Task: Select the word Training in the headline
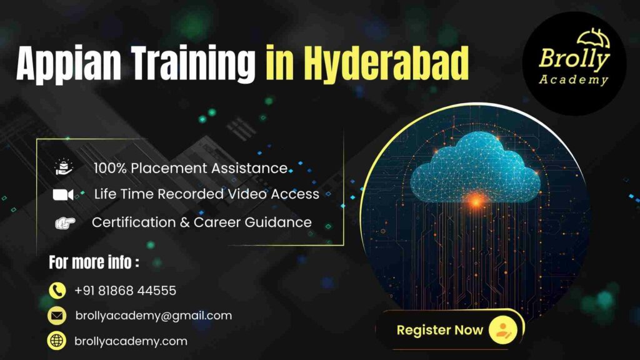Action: (x=201, y=64)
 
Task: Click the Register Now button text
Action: (x=439, y=330)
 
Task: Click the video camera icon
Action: (x=63, y=194)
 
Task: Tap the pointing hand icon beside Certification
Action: (x=64, y=222)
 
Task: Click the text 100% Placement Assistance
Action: (x=191, y=167)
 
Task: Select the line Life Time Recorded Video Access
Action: (x=206, y=194)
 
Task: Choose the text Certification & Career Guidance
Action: (x=201, y=222)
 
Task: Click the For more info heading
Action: (x=94, y=262)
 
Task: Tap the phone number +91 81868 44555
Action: (x=125, y=291)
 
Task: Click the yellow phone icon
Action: (x=57, y=291)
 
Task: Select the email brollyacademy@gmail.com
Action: (x=153, y=316)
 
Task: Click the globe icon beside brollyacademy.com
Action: (x=57, y=341)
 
